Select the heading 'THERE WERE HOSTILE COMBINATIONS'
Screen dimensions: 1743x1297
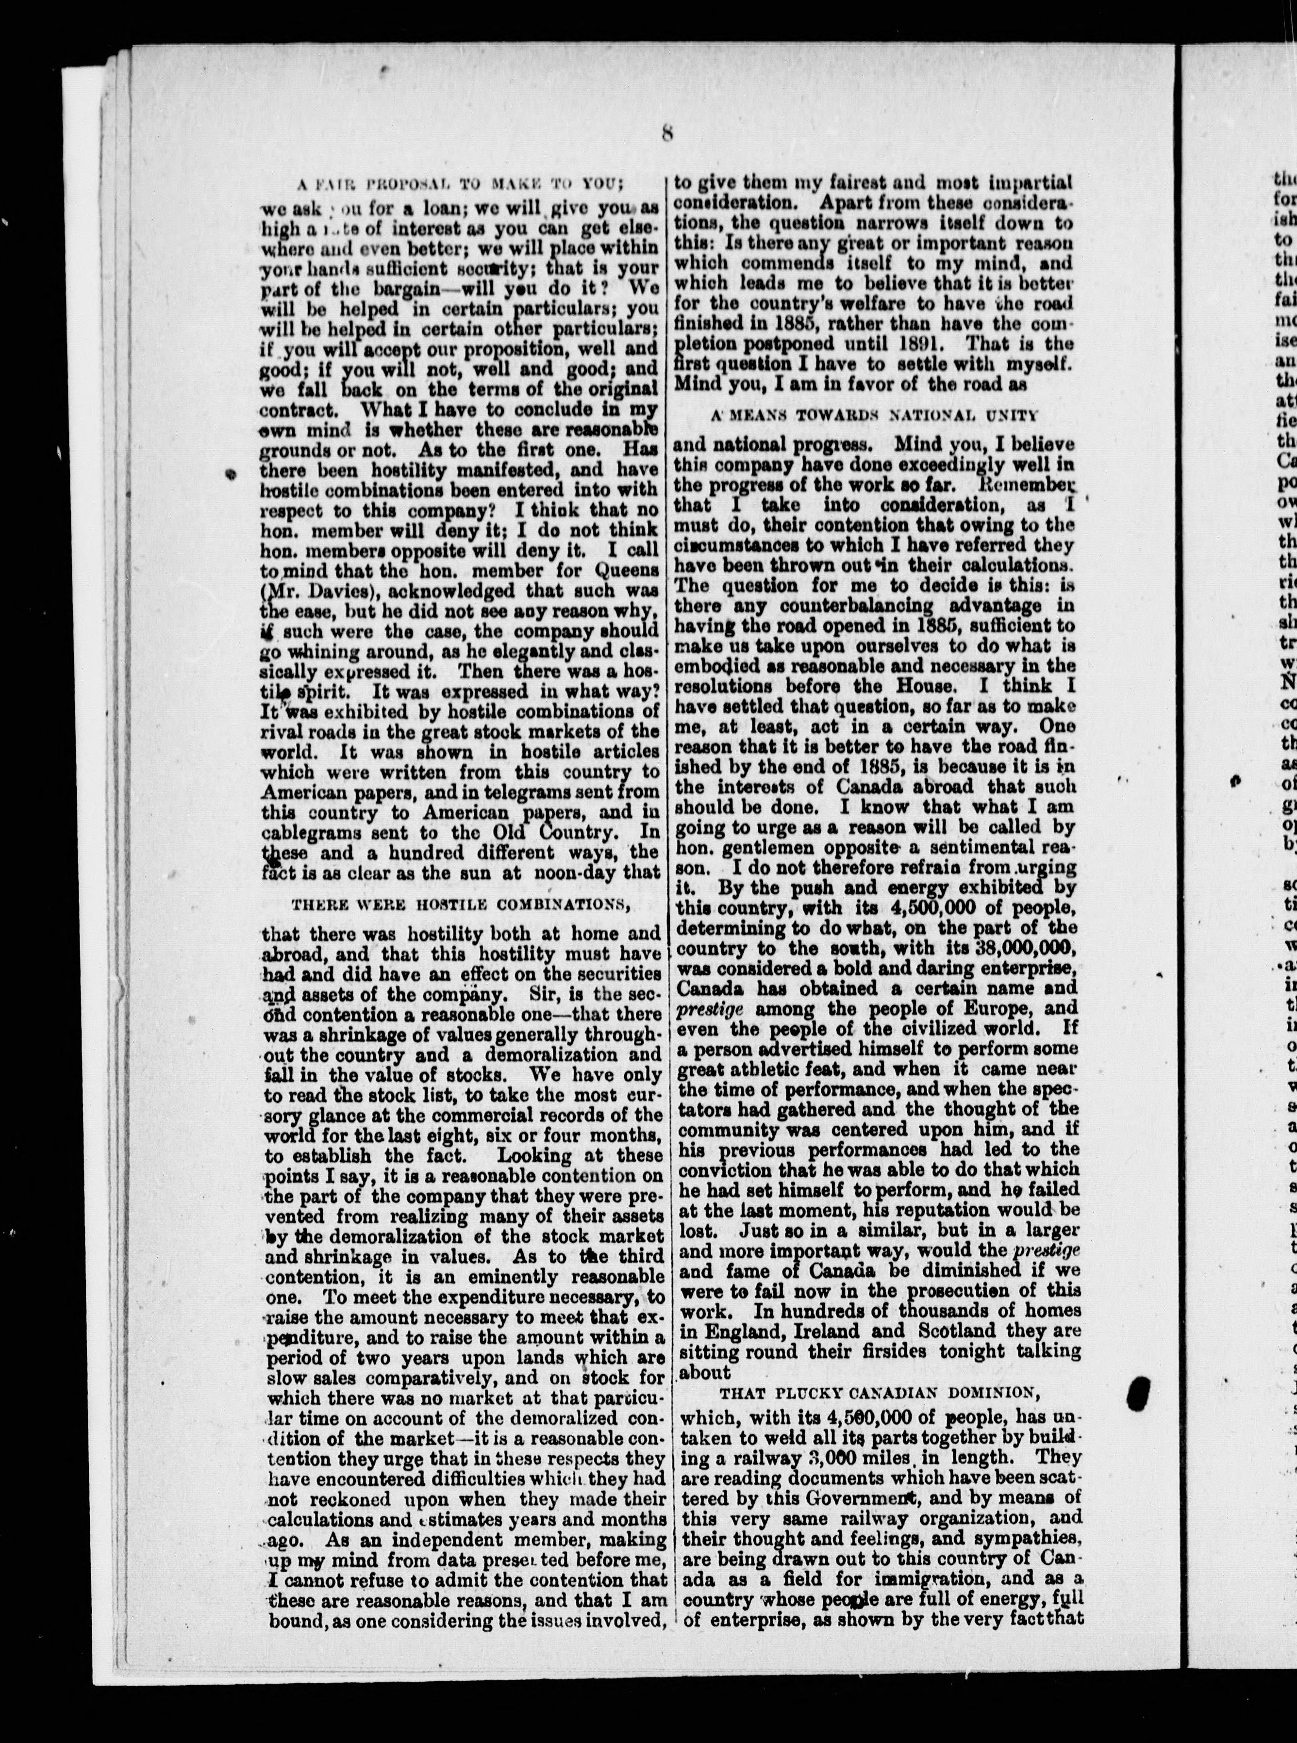[461, 904]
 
